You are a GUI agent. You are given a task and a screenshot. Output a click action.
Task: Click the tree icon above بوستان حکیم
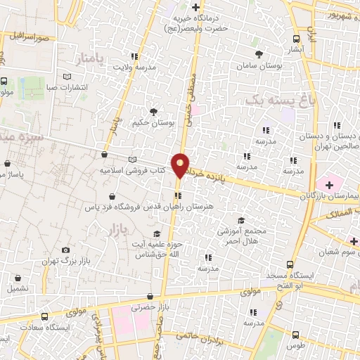[153, 110]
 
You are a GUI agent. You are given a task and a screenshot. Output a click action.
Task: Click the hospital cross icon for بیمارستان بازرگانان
[330, 184]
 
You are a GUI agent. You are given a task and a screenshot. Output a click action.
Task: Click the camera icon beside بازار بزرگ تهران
[66, 250]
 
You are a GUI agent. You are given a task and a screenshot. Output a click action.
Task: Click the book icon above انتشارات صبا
[67, 77]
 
